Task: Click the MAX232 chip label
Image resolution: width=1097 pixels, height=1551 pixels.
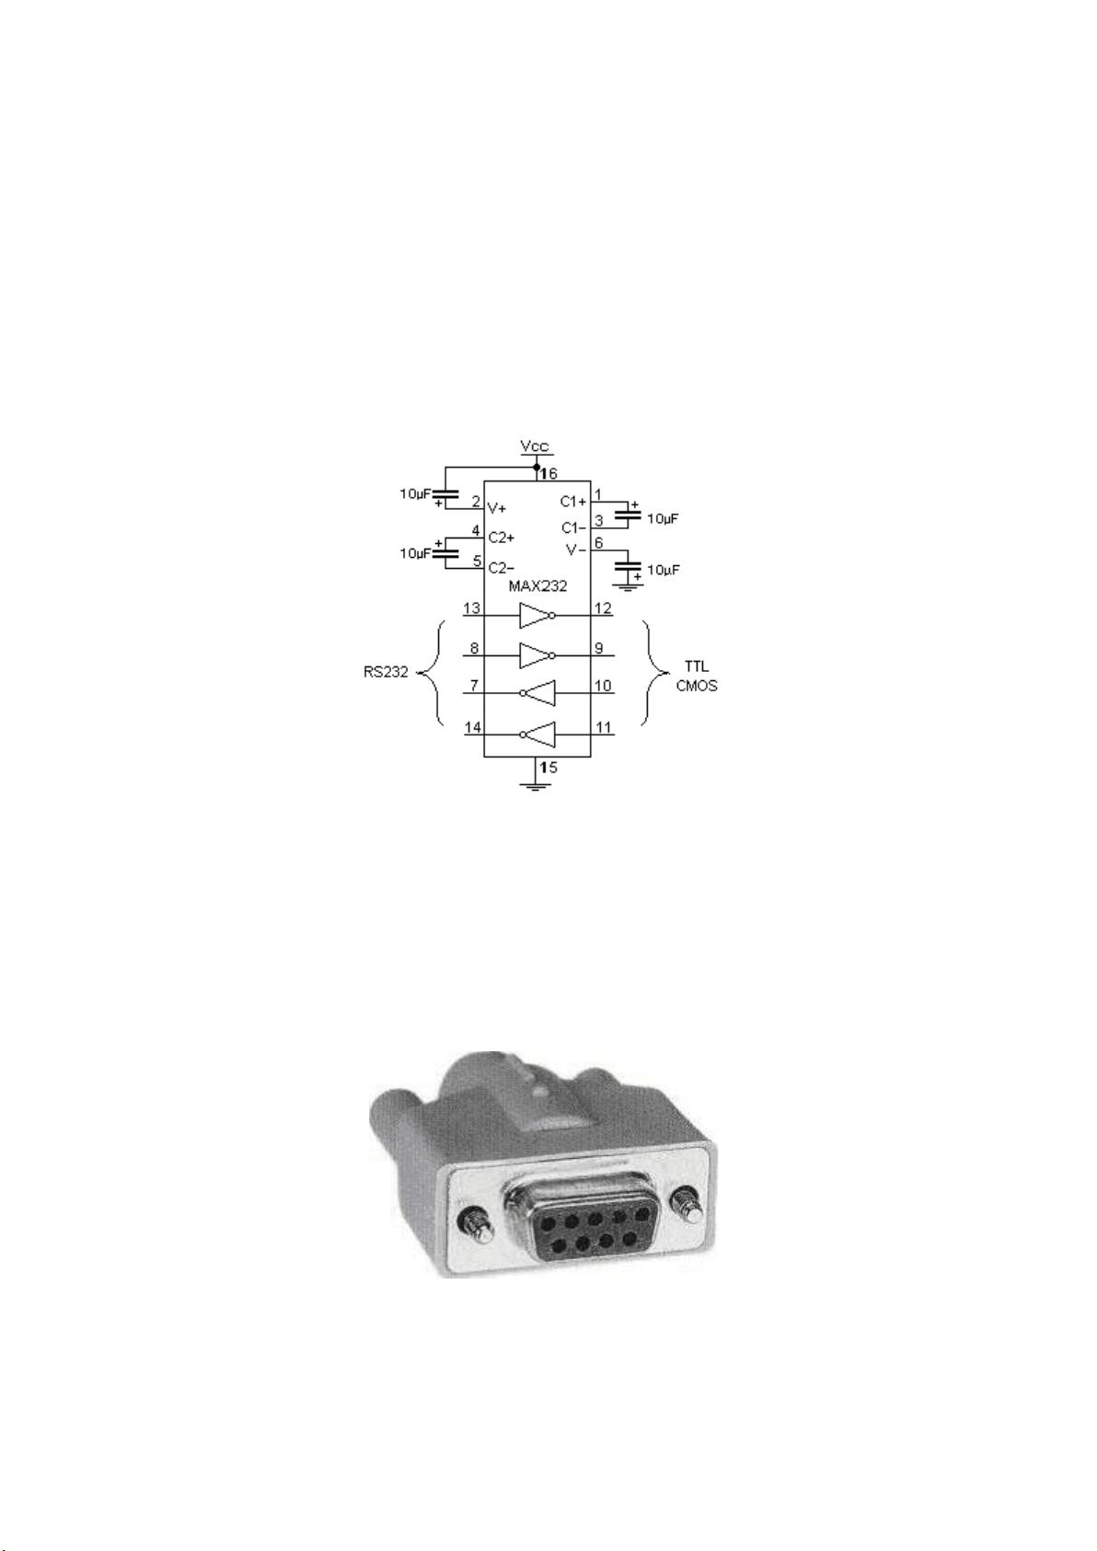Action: [537, 585]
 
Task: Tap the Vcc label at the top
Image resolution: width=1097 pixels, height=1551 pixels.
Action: [535, 446]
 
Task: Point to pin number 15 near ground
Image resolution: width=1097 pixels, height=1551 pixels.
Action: [548, 767]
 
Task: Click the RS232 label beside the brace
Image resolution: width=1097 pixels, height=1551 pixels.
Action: [386, 672]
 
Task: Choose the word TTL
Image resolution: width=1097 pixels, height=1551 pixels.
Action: [697, 667]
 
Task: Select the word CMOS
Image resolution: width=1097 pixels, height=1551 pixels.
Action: [697, 686]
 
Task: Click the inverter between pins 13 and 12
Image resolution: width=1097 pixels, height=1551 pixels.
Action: [537, 615]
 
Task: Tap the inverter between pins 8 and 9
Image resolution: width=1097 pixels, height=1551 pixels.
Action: [537, 655]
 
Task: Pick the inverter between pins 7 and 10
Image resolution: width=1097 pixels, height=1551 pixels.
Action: [537, 692]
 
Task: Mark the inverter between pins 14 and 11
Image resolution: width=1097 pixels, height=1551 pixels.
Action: [537, 734]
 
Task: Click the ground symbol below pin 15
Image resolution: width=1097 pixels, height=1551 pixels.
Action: [535, 787]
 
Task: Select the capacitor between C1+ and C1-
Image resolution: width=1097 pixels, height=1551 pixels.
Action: [629, 513]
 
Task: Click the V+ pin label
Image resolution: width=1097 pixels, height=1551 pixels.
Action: [497, 508]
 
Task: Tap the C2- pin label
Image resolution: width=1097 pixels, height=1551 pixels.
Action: [501, 568]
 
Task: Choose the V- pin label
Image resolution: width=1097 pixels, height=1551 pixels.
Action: [576, 550]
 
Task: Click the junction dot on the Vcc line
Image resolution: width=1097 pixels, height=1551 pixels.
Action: [536, 467]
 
